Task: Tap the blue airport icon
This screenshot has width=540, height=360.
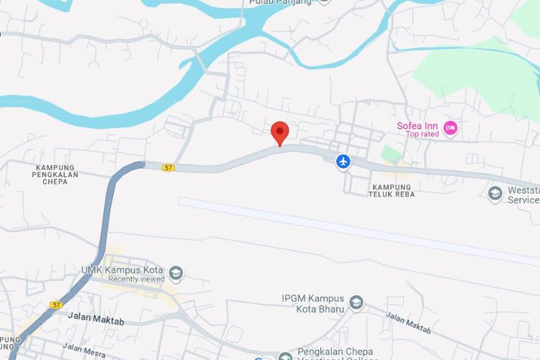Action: pos(343,161)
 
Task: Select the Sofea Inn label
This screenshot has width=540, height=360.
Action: pos(417,125)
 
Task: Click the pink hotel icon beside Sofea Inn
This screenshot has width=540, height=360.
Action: pos(451,129)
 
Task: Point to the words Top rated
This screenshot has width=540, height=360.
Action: pos(422,135)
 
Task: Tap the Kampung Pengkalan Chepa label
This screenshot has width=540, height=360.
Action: pos(60,174)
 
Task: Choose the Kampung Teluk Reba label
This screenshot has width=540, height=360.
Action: pos(392,190)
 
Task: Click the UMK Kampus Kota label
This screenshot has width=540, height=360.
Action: pos(123,270)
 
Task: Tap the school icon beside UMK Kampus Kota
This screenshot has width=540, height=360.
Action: pos(176,274)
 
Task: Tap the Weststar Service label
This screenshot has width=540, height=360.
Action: pos(523,195)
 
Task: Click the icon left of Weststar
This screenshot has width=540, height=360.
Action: pos(495,193)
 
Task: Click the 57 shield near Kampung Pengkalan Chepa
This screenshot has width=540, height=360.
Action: pos(168,167)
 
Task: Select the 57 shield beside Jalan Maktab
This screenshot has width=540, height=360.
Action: pos(56,305)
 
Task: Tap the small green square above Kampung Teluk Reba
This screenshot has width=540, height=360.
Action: pos(390,154)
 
